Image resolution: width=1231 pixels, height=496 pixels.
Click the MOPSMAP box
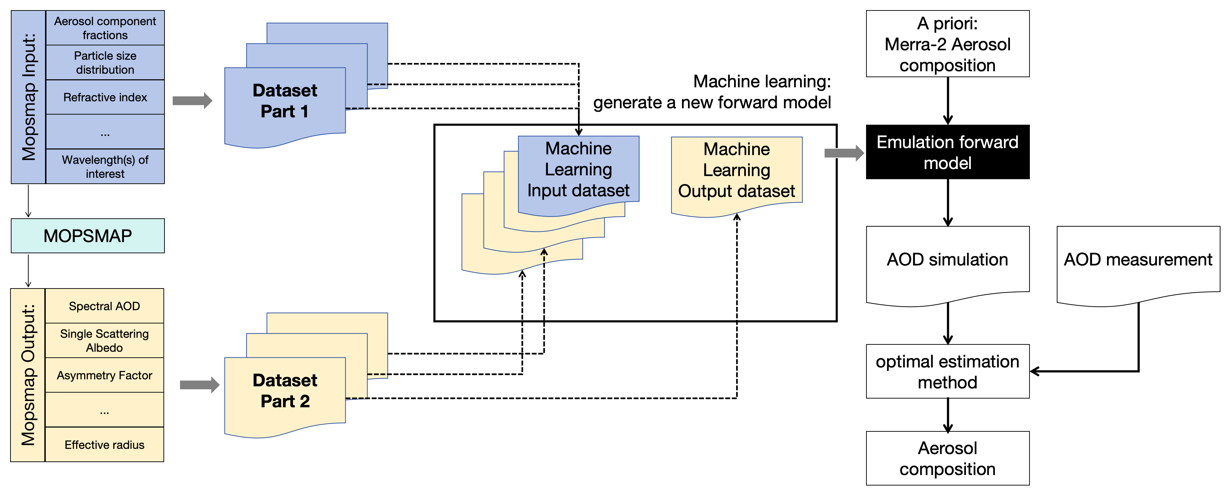click(x=87, y=235)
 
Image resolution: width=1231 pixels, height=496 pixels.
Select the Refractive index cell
click(x=105, y=97)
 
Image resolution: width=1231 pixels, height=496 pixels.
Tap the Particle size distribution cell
click(x=105, y=63)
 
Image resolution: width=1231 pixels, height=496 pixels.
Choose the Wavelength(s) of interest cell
click(x=105, y=166)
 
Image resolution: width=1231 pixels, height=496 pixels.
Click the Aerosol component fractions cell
click(x=105, y=28)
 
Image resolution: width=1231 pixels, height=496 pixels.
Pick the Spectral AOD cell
click(x=104, y=306)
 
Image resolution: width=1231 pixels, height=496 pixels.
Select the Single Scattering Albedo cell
click(x=104, y=340)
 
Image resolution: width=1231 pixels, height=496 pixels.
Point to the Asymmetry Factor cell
click(x=104, y=375)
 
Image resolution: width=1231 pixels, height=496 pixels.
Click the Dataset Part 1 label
click(x=285, y=101)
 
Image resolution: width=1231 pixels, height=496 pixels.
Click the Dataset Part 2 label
click(x=285, y=391)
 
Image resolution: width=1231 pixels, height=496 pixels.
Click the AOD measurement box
click(x=1138, y=260)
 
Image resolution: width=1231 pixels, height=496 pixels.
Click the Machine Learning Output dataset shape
click(x=737, y=170)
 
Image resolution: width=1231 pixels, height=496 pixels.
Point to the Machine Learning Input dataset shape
click(x=578, y=170)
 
